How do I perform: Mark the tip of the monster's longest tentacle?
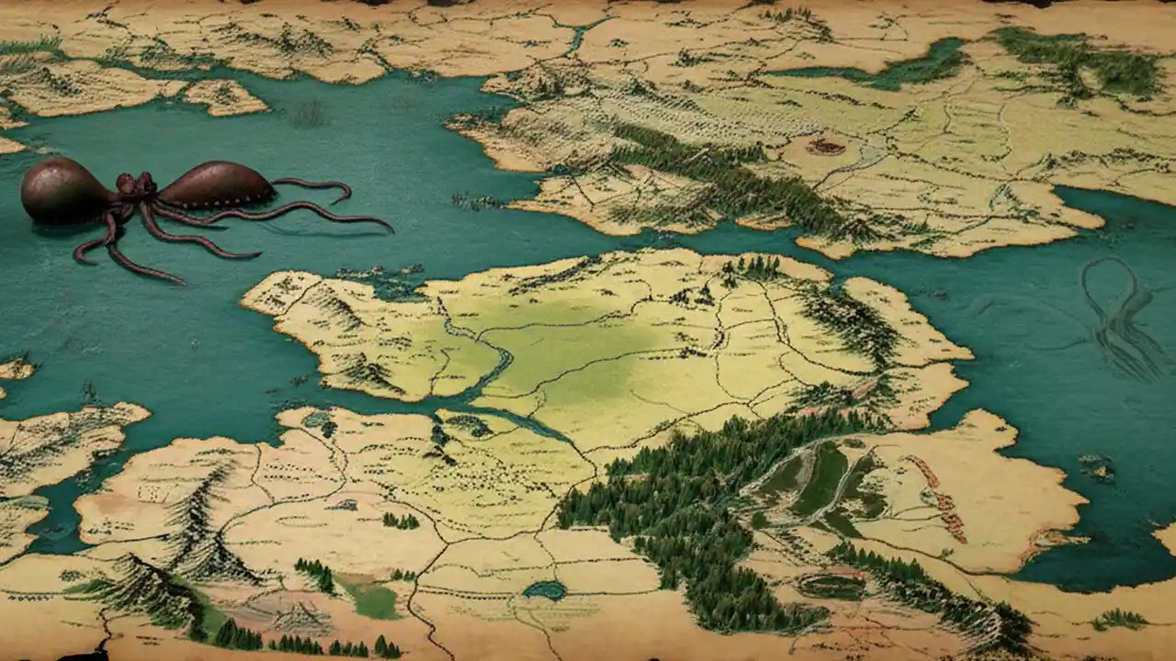390,228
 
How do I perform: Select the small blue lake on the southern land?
545,590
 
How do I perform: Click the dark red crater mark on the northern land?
825,146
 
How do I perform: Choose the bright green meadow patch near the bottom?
372,601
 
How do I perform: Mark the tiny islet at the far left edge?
13,370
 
